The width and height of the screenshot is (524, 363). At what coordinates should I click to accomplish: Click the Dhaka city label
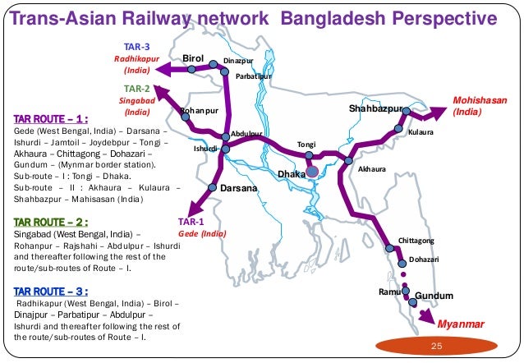(291, 174)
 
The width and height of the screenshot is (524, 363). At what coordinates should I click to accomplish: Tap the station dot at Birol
(191, 70)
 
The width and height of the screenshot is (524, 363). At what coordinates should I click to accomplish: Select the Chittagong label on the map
(421, 240)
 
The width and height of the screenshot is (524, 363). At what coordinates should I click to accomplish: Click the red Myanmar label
(461, 325)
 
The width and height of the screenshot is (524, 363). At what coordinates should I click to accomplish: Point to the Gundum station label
(434, 295)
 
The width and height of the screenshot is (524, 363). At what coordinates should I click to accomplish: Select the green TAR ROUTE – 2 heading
(51, 221)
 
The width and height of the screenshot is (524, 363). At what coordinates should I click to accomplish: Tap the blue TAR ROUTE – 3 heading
(51, 290)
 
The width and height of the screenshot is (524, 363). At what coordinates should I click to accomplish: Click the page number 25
(437, 347)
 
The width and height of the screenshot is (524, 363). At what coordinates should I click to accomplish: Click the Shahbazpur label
(375, 108)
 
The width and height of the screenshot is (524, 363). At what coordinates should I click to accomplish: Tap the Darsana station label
(239, 188)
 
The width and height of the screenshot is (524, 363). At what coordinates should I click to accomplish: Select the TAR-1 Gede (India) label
(201, 227)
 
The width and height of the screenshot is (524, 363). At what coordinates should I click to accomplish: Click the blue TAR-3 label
(136, 46)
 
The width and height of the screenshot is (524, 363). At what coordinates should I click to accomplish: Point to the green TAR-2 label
(136, 88)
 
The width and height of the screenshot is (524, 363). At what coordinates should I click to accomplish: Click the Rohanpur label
(198, 110)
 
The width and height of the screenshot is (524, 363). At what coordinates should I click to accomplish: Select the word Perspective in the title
(435, 18)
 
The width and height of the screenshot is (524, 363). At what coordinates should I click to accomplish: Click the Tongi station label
(306, 144)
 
